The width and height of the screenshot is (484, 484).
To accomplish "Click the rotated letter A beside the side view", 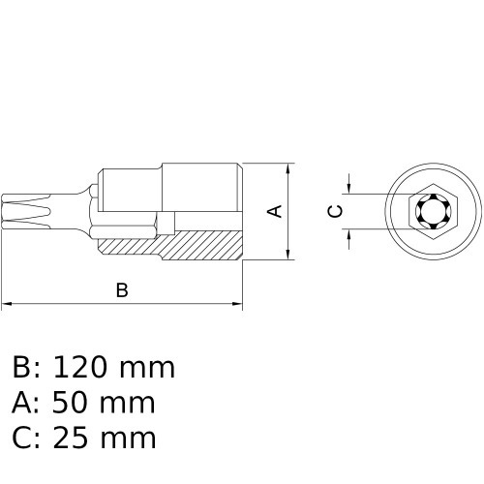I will (274, 210).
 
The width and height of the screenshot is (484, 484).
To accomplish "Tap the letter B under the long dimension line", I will (122, 289).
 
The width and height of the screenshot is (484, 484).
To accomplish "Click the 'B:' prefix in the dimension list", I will (26, 368).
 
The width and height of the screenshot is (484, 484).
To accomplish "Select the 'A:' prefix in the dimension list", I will (26, 403).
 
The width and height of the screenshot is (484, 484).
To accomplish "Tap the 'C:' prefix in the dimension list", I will (26, 438).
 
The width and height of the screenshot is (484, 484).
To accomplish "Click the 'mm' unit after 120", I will (147, 368).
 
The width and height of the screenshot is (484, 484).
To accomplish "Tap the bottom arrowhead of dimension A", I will (289, 254).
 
